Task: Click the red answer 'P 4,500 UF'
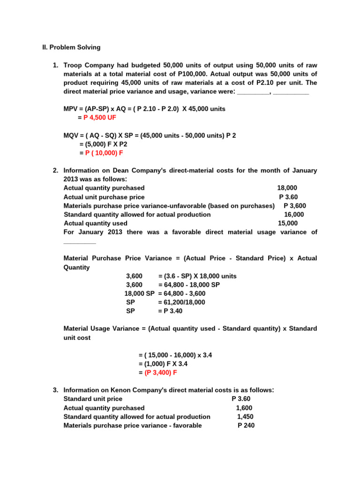click(x=100, y=118)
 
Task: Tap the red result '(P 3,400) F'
click(x=161, y=373)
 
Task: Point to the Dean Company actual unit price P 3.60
click(x=288, y=197)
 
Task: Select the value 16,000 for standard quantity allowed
click(x=294, y=214)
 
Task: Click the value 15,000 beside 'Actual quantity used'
click(x=287, y=223)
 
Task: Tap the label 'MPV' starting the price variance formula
click(x=71, y=109)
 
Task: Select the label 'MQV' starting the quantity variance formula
click(x=71, y=135)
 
